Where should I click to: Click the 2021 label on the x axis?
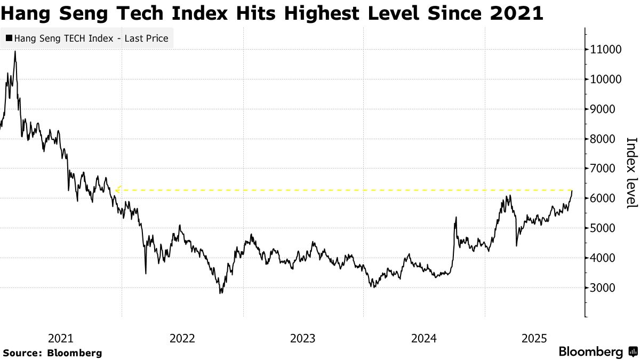click(60, 338)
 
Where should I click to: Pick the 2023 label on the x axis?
click(303, 338)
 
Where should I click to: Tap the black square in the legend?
click(9, 38)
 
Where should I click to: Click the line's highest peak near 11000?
click(15, 51)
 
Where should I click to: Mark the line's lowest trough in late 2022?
click(220, 293)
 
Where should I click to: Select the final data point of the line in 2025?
click(572, 190)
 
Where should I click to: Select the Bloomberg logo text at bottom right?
click(590, 352)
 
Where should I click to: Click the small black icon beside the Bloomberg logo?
click(633, 352)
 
